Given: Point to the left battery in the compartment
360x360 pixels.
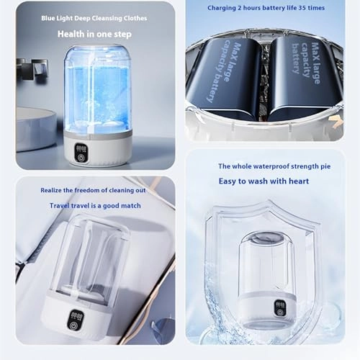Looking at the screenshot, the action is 223,78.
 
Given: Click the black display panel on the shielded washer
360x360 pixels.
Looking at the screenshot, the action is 280,308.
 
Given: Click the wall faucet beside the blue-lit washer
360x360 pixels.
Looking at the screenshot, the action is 32,68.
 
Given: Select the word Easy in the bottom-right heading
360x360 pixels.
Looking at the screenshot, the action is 228,181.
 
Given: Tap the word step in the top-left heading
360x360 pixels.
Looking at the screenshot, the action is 122,35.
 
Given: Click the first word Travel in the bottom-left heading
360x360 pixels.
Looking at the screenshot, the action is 58,206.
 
